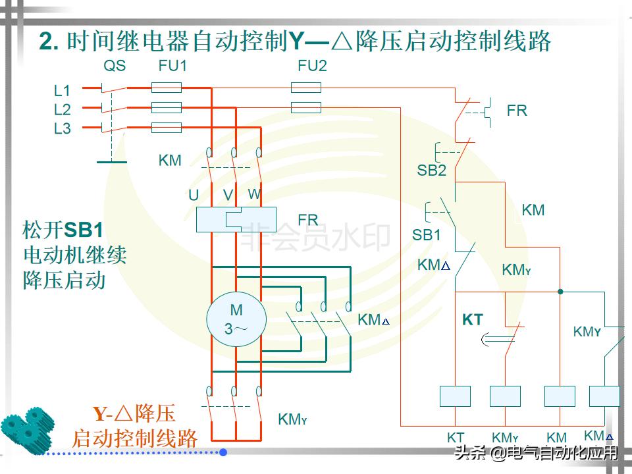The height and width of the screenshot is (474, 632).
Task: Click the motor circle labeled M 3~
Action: tap(236, 319)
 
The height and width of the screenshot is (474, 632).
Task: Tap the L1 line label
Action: tap(63, 91)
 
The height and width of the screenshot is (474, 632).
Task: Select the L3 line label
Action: tap(63, 129)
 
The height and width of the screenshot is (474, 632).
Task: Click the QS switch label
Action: tap(115, 66)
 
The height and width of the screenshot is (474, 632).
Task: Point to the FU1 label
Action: tap(172, 66)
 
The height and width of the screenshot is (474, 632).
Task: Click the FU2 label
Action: tap(312, 66)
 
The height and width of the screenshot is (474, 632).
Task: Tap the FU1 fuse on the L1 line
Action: tap(167, 87)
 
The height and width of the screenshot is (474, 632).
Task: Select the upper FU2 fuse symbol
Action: tap(306, 87)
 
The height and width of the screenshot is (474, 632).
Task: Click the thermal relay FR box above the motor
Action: tap(236, 219)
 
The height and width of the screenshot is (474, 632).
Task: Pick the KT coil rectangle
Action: tap(456, 396)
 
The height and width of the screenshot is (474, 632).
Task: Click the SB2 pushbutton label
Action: tap(431, 171)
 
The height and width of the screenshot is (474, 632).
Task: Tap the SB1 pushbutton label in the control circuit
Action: tap(427, 235)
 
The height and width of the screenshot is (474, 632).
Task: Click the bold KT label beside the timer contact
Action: tap(473, 321)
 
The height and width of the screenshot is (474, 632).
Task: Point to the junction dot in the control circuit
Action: tap(560, 292)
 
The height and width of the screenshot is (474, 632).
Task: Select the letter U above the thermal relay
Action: tap(194, 196)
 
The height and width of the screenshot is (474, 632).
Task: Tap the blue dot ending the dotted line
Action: tap(223, 452)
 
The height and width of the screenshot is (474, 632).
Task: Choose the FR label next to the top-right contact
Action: tap(517, 111)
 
